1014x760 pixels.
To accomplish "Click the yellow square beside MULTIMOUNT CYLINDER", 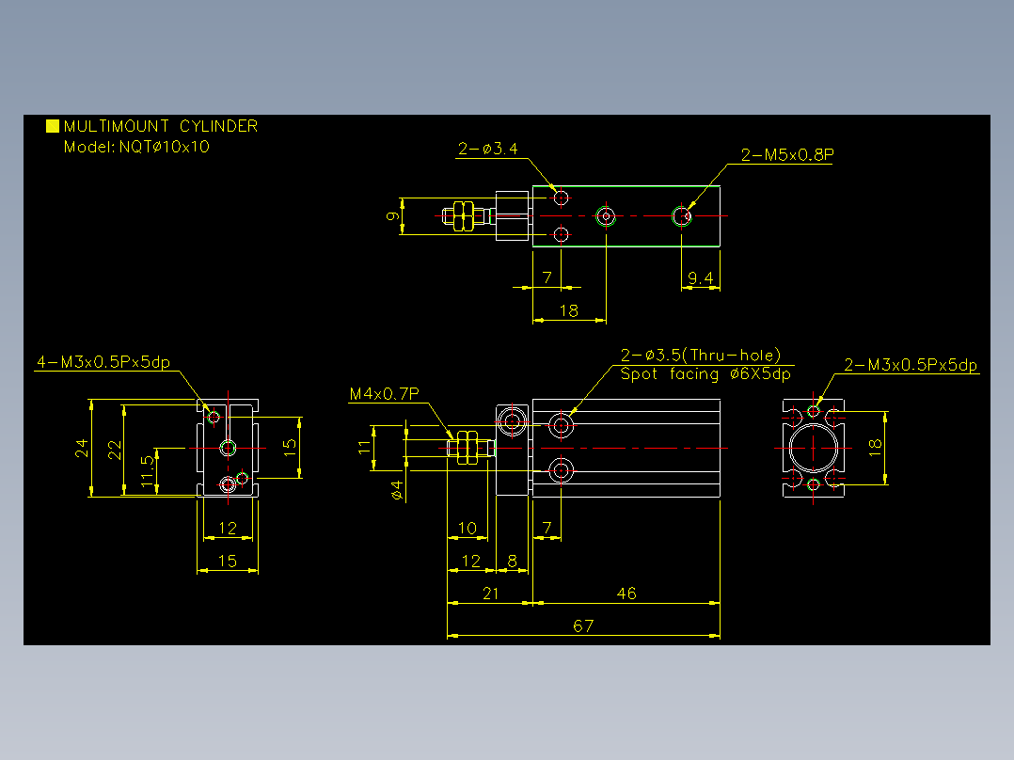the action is coord(53,125).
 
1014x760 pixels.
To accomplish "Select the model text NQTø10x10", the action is coord(165,147).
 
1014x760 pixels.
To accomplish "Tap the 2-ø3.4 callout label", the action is coord(488,149).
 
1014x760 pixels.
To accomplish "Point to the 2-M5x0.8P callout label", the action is coord(787,154).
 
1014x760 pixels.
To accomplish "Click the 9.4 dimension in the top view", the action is coord(701,278).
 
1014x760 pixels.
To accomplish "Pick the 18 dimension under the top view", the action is coord(568,311).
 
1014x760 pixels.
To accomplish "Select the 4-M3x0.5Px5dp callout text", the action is coord(103,361).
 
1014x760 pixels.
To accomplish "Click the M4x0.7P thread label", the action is coord(384,393).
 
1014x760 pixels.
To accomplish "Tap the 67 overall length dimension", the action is coord(582,626).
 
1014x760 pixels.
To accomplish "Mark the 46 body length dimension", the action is coord(626,594).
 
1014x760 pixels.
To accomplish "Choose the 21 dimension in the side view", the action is coord(490,594).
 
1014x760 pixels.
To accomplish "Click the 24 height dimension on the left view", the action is coord(82,449).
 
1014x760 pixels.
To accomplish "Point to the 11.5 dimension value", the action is coord(148,470).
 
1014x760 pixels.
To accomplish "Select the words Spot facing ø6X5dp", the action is coord(705,373).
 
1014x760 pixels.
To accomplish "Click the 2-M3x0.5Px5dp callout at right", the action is coord(911,365).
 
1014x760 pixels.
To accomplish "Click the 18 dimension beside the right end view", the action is coord(875,447).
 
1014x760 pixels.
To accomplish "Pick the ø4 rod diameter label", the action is coord(398,490).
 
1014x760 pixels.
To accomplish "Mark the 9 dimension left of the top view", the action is coord(392,216).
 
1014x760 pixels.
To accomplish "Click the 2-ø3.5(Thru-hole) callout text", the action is coord(701,356).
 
